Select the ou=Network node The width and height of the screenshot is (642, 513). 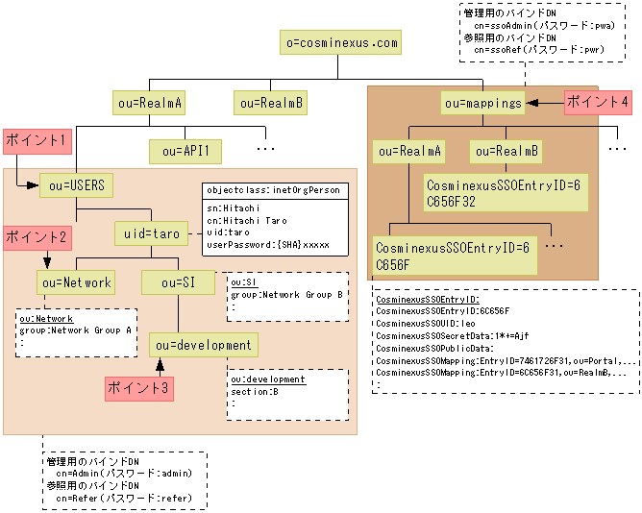76,282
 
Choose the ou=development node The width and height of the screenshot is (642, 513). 204,345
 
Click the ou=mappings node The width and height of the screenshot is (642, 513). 483,102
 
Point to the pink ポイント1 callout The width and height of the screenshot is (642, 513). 37,139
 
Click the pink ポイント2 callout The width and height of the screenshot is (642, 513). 37,235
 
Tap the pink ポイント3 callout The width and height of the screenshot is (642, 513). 138,388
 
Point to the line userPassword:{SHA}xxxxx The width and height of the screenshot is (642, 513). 268,245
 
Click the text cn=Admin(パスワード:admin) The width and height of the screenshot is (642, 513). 124,473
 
